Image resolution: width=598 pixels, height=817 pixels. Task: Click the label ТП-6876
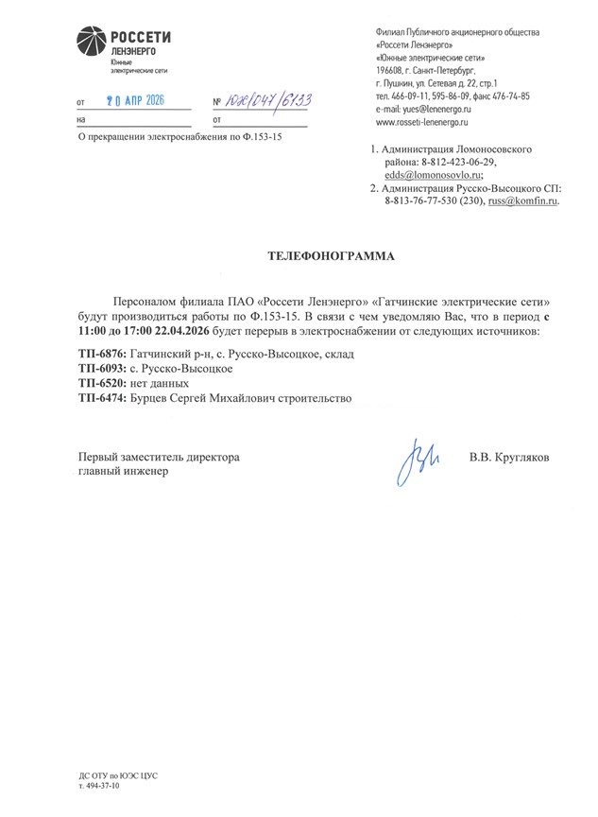pos(104,352)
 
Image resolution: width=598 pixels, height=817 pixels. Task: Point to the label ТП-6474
pos(104,399)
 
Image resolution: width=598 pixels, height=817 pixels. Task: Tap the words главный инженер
pos(124,472)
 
